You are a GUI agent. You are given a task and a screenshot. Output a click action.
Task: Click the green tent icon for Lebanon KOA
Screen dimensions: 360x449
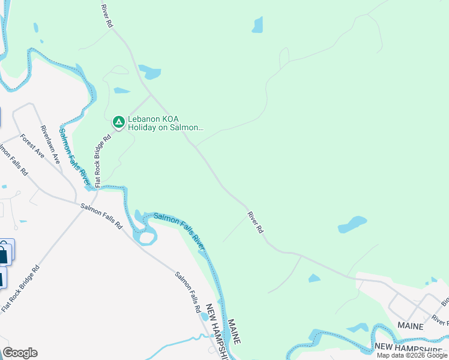coord(119,122)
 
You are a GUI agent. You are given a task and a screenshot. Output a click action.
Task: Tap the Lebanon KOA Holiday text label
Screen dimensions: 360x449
coord(166,123)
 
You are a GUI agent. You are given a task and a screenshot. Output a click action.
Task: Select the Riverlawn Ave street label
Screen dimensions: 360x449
coord(50,145)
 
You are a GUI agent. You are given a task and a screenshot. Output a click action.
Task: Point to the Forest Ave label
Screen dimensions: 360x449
coord(32,146)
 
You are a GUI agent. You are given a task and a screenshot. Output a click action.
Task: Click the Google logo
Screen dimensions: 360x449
coord(20,353)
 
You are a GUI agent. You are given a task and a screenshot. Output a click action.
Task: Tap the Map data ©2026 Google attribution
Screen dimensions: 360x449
coord(412,355)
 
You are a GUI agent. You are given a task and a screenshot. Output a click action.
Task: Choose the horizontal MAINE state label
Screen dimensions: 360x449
coord(410,326)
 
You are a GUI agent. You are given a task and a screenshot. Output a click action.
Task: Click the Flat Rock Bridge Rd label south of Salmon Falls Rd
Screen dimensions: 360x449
coord(20,288)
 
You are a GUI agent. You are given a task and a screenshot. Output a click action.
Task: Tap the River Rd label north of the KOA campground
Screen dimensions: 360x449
coord(107,16)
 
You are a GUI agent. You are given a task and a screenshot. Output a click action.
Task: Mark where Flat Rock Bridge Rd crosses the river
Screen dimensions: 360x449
coord(96,187)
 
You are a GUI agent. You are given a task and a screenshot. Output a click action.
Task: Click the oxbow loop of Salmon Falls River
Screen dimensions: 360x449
coord(145,234)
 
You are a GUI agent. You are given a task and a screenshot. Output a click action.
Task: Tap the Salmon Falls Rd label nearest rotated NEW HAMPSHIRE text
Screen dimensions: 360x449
coord(188,292)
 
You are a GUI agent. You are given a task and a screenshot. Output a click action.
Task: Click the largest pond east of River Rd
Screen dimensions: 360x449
coord(352,224)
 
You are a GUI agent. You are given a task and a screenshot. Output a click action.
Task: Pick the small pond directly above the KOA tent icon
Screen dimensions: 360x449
coord(122,91)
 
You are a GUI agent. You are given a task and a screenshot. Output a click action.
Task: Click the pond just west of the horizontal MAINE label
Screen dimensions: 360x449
coord(358,328)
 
